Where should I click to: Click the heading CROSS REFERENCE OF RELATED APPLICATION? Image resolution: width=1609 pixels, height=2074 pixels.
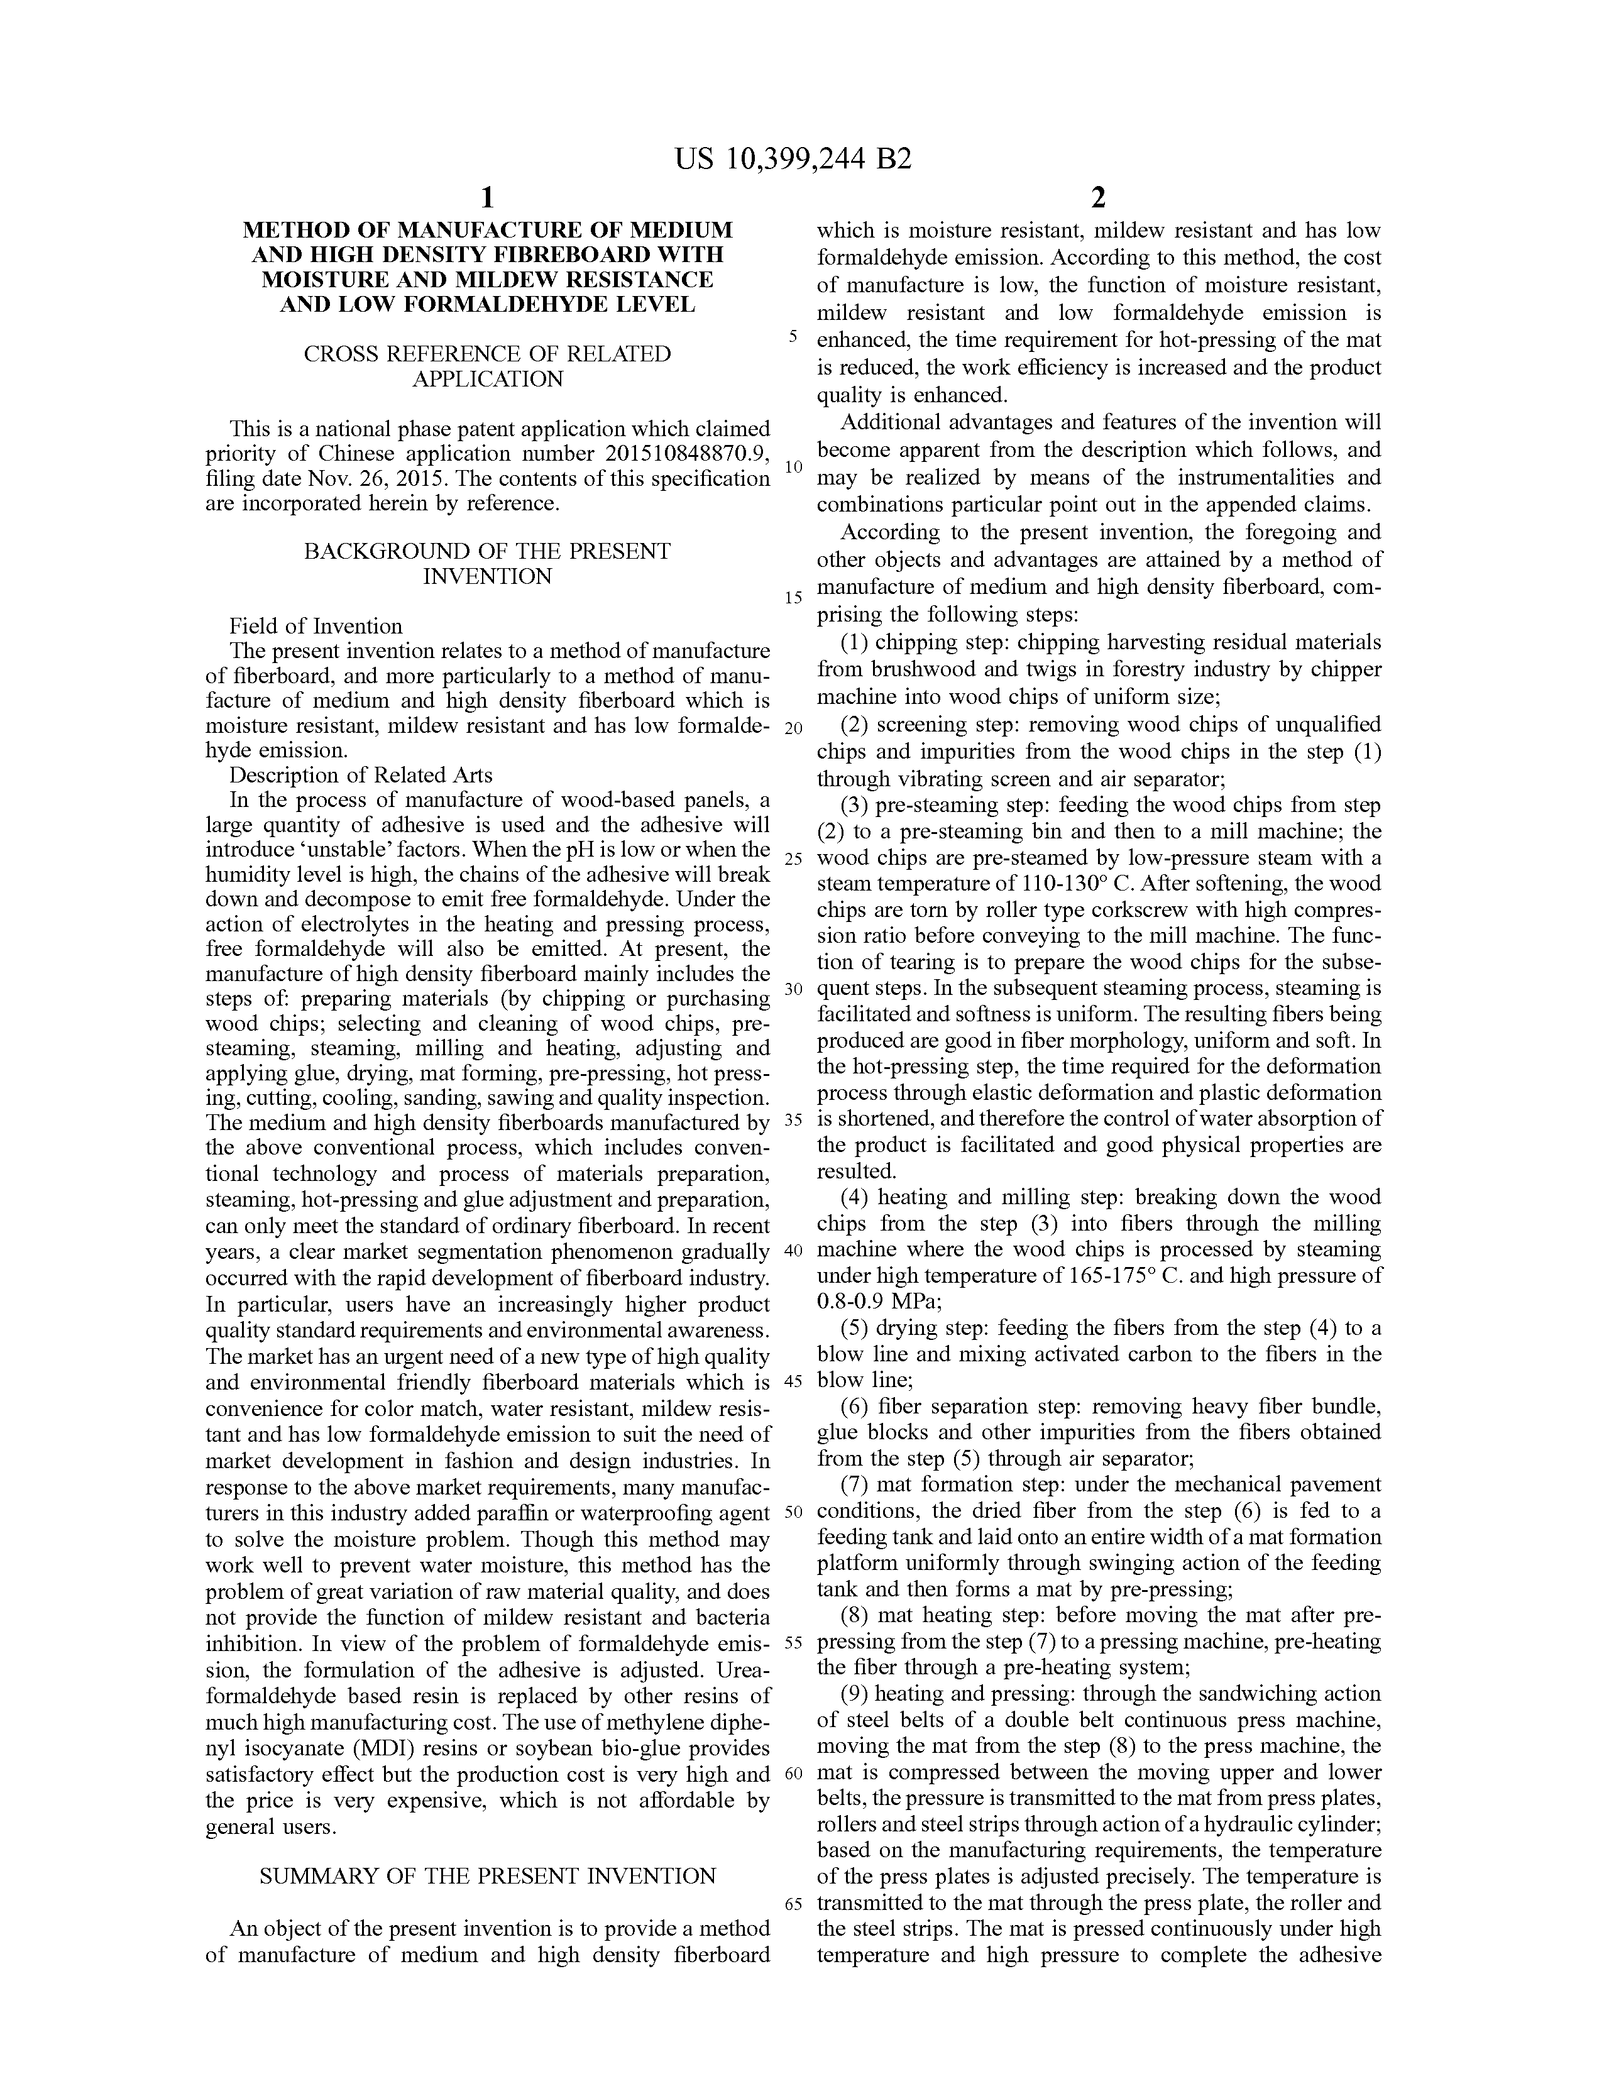click(487, 366)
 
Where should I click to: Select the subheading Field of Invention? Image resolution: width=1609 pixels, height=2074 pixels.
click(316, 626)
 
